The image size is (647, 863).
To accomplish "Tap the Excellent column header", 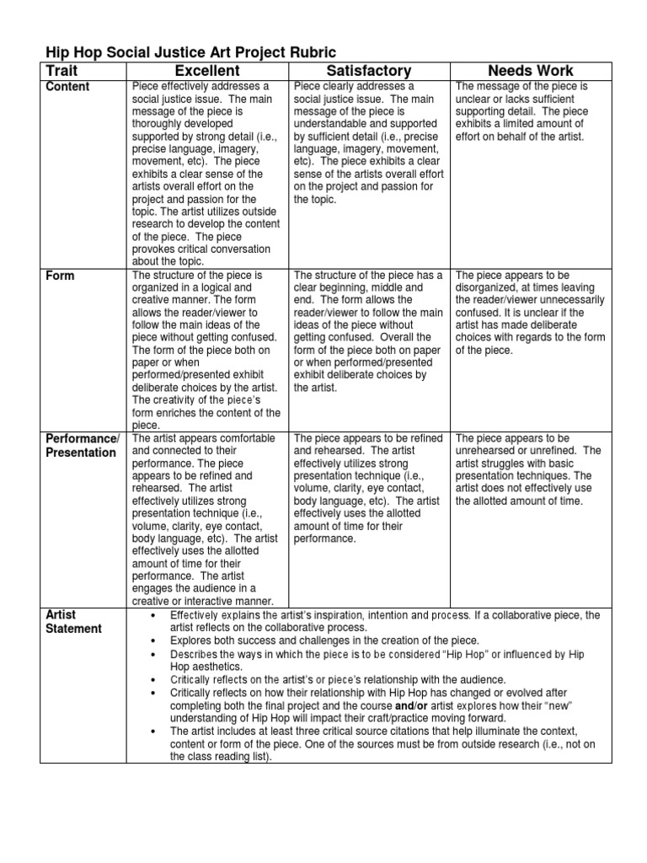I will (206, 71).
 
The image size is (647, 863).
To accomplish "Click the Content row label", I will (67, 87).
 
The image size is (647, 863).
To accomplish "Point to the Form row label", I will (60, 276).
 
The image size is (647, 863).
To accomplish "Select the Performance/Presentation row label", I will (82, 446).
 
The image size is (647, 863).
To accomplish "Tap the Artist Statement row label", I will (74, 622).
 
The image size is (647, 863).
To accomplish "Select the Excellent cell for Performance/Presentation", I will (206, 520).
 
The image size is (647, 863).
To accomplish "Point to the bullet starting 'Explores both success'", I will (324, 641).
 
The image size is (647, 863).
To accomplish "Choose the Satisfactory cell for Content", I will (369, 143).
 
